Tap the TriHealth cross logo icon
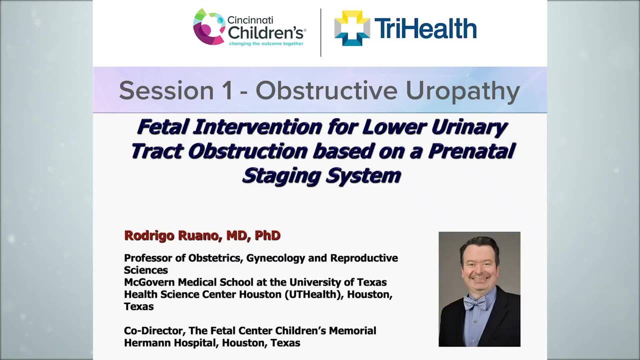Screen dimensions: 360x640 point(352,28)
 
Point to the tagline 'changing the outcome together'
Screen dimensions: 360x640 point(266,44)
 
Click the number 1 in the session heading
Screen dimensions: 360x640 point(227,90)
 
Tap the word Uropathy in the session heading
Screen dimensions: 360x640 point(462,90)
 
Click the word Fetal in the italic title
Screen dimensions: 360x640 point(162,127)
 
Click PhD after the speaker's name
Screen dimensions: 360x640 point(267,235)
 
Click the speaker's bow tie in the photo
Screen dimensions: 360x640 point(474,302)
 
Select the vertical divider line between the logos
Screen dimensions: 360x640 point(320,32)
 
